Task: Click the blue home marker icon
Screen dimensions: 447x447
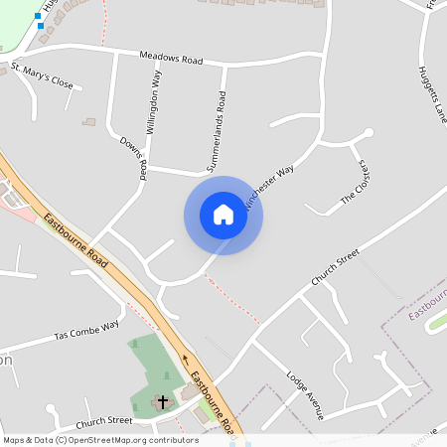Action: [x=223, y=216]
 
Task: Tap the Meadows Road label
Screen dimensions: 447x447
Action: [x=171, y=60]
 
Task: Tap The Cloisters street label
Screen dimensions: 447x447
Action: [x=355, y=183]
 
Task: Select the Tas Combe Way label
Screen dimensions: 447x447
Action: [x=87, y=330]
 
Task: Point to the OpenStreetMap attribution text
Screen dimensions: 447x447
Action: [x=99, y=439]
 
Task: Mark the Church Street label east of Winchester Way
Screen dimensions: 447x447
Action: [x=334, y=268]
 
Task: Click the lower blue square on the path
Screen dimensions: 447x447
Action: [x=40, y=25]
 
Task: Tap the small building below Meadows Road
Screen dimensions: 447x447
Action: [x=89, y=122]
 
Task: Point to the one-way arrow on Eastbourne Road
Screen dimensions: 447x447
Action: [x=183, y=362]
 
